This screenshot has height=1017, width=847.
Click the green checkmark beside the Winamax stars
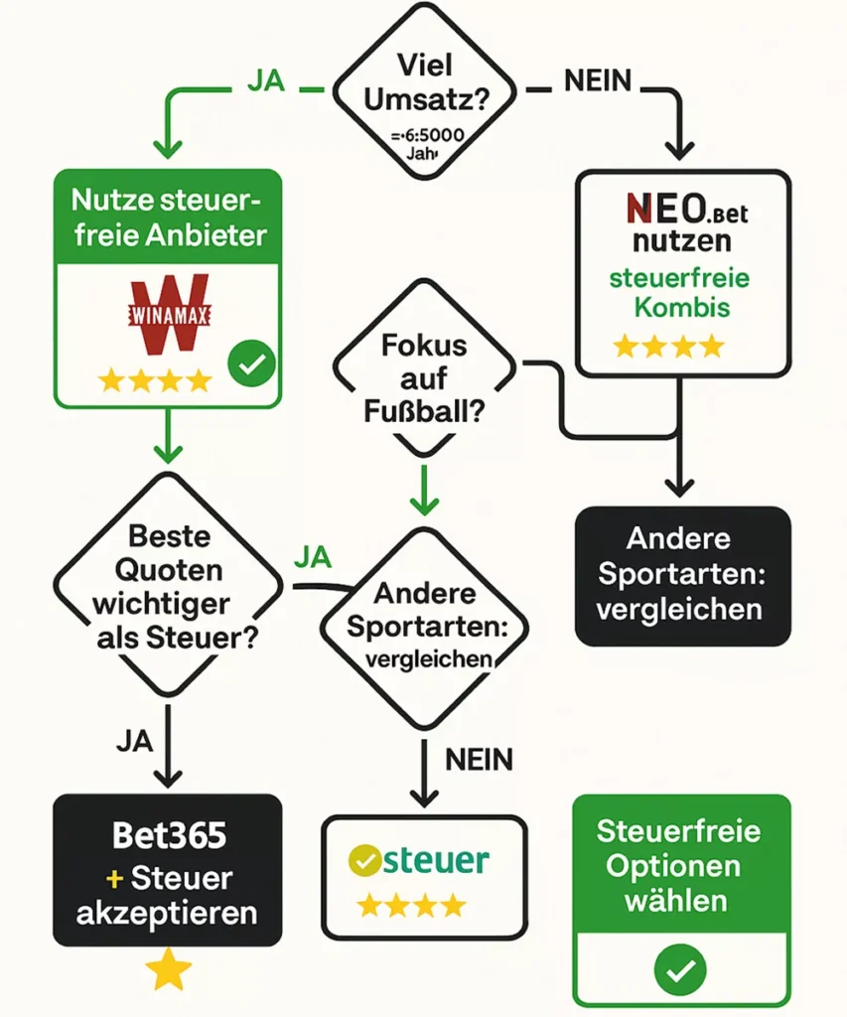(x=251, y=365)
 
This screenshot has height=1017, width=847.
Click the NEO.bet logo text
(x=683, y=211)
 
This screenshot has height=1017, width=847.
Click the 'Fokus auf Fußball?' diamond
(x=425, y=378)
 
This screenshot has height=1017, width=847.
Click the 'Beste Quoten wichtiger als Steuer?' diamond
(x=170, y=586)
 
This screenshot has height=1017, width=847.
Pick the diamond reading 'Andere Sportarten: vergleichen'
(x=425, y=626)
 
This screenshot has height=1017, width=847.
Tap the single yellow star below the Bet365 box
(x=169, y=970)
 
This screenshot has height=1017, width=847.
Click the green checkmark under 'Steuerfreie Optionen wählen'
(x=681, y=966)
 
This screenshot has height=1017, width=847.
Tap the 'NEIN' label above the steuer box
(x=480, y=761)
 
